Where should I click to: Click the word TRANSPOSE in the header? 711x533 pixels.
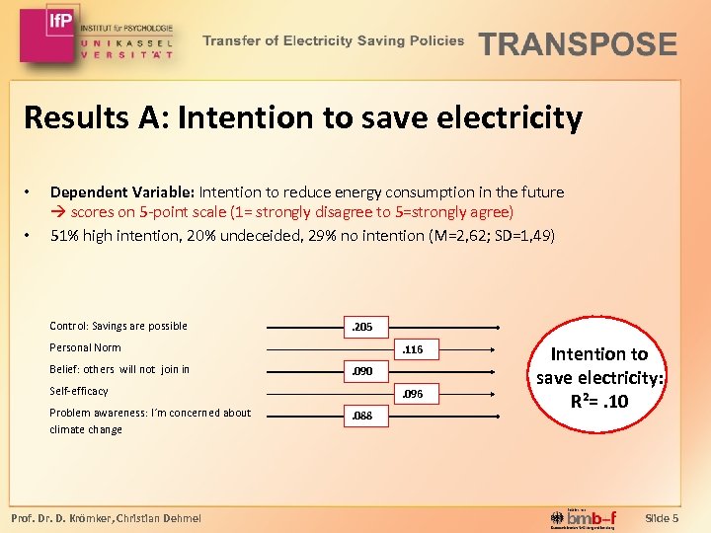(x=578, y=44)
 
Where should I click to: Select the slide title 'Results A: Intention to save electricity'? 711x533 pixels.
(x=303, y=118)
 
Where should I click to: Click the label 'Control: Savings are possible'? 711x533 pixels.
(x=118, y=326)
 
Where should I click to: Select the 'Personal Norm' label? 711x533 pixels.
(x=85, y=347)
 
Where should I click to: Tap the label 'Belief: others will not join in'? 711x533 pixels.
(x=119, y=369)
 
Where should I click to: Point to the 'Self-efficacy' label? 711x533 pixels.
(x=79, y=391)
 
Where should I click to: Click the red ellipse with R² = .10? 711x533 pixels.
(x=598, y=378)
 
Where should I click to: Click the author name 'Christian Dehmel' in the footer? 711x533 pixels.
(x=160, y=518)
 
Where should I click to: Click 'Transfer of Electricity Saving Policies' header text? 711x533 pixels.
(x=334, y=41)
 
